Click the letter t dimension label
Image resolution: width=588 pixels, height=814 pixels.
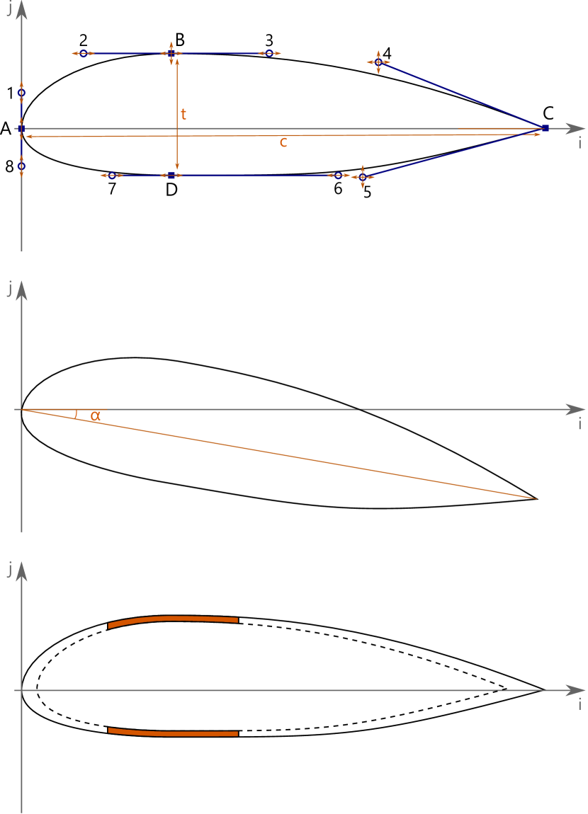[183, 115]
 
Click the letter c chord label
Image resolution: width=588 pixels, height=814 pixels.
[283, 142]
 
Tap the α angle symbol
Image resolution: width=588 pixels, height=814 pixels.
[96, 417]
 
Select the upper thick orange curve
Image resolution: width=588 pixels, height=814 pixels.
[174, 619]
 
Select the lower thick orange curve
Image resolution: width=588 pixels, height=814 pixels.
[174, 733]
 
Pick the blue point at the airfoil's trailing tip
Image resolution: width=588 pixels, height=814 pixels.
[545, 127]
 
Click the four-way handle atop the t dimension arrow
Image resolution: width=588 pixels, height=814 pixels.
[171, 53]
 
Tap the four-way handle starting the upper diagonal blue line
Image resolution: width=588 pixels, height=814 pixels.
[378, 62]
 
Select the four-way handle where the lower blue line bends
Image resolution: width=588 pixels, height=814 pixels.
[363, 177]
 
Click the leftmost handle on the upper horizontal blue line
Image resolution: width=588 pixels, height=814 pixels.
[83, 53]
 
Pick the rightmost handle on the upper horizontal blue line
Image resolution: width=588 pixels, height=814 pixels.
[269, 53]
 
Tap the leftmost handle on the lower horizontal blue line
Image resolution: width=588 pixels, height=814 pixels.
[111, 176]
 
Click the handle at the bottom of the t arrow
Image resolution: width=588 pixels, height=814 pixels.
[171, 176]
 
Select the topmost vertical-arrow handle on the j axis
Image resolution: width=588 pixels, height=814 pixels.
[21, 92]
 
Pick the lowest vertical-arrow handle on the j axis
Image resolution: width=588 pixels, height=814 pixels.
[21, 167]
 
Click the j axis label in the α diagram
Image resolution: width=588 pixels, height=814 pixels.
[10, 289]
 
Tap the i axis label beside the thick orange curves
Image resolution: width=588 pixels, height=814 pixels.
[579, 704]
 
